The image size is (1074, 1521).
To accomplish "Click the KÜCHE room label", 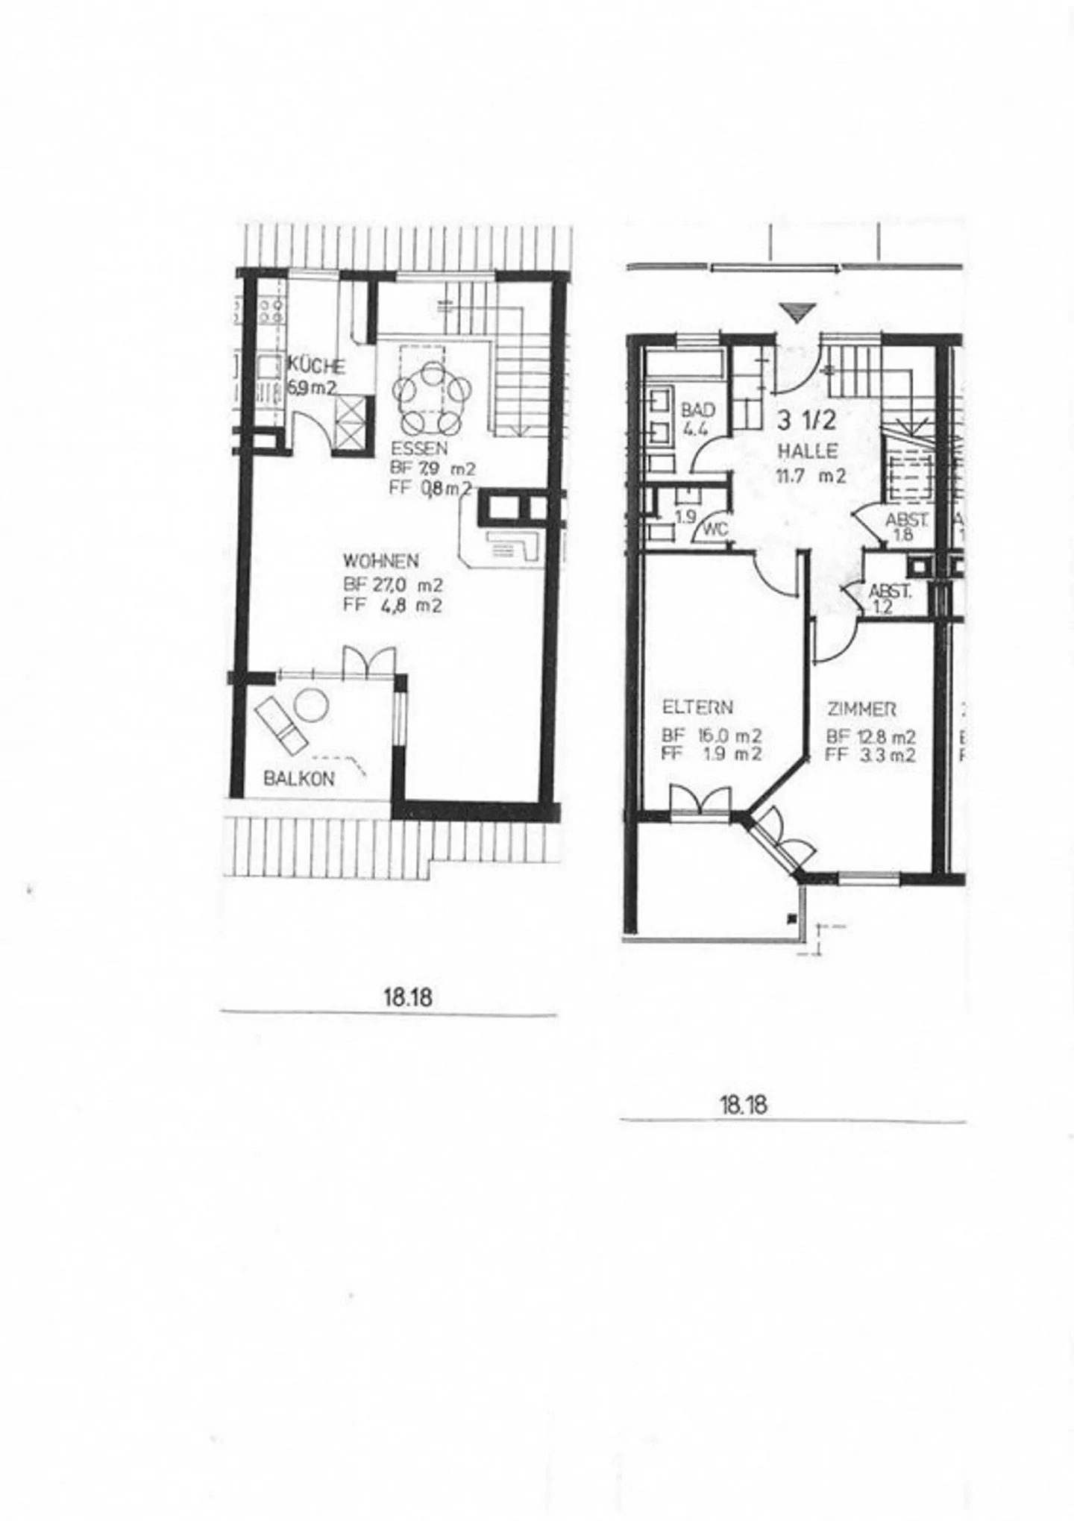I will click(317, 367).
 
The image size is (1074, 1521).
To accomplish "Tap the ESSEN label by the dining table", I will click(418, 449).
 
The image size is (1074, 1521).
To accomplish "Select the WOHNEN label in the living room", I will click(380, 560).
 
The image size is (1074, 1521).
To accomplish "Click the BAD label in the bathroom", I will click(698, 410).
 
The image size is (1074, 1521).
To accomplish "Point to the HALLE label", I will click(808, 451).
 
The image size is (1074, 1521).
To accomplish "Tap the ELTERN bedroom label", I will click(697, 707).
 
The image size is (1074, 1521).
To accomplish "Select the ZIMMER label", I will click(861, 709).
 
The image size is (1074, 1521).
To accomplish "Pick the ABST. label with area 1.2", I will click(890, 592).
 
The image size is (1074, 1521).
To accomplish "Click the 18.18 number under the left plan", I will click(408, 997).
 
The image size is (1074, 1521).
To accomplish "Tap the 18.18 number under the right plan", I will click(743, 1104).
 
